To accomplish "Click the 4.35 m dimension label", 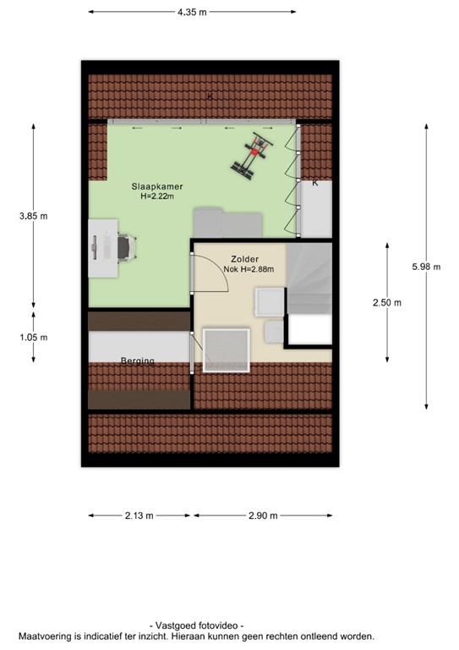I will point(192,13).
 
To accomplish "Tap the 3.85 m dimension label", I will point(34,217).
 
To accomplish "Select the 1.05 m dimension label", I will point(34,337).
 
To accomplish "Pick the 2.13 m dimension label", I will point(139,515).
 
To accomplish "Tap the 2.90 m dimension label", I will point(263,515).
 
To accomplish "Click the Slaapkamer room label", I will point(156,185).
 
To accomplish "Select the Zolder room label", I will point(244,259).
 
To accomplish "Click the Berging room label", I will point(137,361).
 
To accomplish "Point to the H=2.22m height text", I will point(156,196).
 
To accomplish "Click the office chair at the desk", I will point(124,248).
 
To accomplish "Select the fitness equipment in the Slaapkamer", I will point(252,157).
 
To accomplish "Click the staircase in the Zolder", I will point(309,279).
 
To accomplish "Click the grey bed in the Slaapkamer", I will point(227,223).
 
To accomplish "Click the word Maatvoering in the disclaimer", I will point(47,636).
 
